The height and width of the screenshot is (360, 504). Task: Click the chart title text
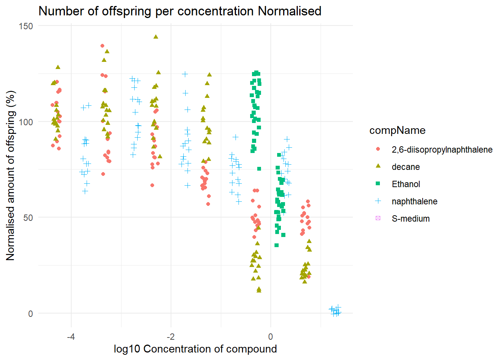(x=180, y=11)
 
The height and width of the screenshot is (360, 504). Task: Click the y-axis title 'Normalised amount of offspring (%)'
(x=10, y=175)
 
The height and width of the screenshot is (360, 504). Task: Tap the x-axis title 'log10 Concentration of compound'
(x=195, y=349)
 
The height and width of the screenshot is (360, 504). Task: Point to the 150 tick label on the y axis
(x=25, y=26)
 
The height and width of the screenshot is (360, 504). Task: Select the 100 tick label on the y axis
(x=25, y=122)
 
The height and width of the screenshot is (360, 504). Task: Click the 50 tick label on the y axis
(x=28, y=218)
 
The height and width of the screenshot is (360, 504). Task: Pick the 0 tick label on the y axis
(x=31, y=313)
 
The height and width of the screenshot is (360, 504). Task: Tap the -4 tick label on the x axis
(x=71, y=336)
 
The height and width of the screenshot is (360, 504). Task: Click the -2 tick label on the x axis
(x=171, y=336)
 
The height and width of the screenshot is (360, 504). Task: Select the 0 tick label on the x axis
(x=271, y=336)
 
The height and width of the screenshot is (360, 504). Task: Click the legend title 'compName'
(x=397, y=130)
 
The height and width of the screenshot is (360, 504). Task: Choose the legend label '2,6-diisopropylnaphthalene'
(x=442, y=150)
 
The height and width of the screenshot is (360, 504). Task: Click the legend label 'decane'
(x=405, y=167)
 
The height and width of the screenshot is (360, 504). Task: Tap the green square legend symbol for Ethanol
(x=378, y=184)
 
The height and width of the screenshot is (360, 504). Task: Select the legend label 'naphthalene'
(x=414, y=201)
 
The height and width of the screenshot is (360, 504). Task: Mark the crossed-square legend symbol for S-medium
(x=378, y=218)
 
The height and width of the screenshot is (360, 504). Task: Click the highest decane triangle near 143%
(x=156, y=37)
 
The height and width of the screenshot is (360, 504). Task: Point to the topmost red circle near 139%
(x=102, y=46)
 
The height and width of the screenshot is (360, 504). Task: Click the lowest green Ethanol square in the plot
(x=276, y=245)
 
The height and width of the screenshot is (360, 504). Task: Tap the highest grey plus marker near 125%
(x=185, y=74)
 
